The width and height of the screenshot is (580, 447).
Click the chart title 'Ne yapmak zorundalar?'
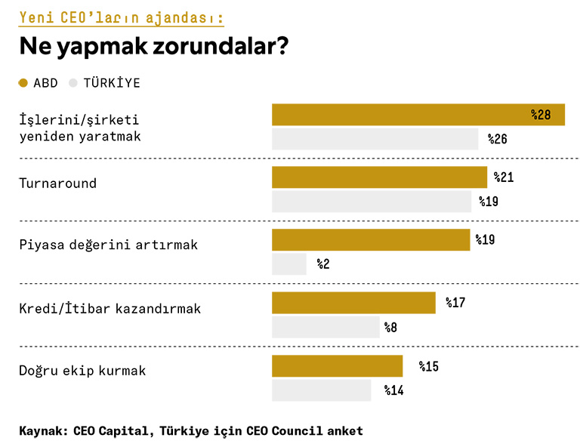[x=153, y=47]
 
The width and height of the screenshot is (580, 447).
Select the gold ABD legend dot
[x=23, y=83]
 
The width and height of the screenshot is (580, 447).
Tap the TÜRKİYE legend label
[x=112, y=83]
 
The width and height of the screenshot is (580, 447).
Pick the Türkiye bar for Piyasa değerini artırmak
[x=289, y=264]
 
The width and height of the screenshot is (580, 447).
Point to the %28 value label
[x=541, y=115]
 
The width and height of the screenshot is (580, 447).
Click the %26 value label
[x=497, y=139]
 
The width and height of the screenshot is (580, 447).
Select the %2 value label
[x=323, y=264]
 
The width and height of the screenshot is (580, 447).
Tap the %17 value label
[x=455, y=303]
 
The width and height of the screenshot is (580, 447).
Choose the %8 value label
[x=390, y=327]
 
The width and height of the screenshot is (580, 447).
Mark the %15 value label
[x=428, y=366]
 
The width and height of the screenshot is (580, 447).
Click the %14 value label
[x=393, y=390]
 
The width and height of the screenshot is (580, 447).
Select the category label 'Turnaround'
[x=57, y=183]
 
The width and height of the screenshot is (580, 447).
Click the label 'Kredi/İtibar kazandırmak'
[x=110, y=309]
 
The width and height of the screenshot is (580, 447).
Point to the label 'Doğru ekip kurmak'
[x=82, y=371]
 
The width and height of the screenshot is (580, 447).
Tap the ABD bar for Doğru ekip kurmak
[x=337, y=366]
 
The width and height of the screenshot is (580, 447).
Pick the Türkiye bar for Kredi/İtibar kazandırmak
[x=325, y=327]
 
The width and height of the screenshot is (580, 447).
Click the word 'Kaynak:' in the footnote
[x=43, y=431]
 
